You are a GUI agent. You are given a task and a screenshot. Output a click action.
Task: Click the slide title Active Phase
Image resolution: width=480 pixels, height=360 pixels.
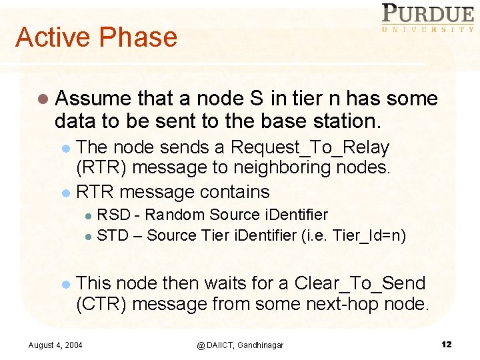(x=96, y=37)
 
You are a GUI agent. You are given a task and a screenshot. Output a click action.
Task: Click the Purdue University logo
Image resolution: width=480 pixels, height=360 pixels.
(x=427, y=18)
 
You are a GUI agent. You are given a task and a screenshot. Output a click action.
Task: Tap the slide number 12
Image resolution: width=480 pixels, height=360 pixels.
(x=446, y=344)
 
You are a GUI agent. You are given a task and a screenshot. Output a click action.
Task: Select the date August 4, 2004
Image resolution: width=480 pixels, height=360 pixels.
(x=55, y=345)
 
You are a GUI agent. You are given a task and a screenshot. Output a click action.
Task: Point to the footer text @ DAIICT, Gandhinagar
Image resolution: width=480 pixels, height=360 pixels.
(x=239, y=345)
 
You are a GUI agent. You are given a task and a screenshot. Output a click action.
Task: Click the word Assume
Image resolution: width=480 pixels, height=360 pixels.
(x=93, y=99)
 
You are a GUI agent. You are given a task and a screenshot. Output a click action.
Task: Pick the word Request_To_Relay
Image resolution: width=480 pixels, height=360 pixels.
(x=309, y=147)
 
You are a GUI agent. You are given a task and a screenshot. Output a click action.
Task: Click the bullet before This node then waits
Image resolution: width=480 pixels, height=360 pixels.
(x=65, y=284)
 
